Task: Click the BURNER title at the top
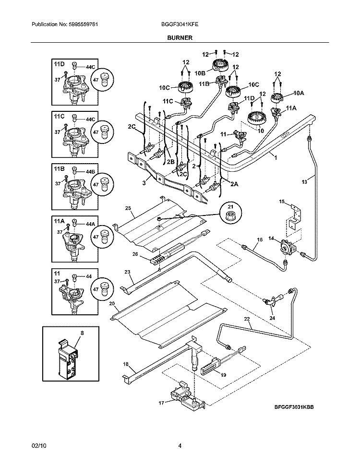click(x=180, y=37)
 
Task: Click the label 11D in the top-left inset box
click(x=59, y=64)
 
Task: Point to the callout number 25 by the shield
click(x=128, y=208)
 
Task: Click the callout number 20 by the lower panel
click(x=112, y=304)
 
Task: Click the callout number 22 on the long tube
click(x=247, y=319)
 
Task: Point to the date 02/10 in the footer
click(x=37, y=446)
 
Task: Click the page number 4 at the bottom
click(x=180, y=446)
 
